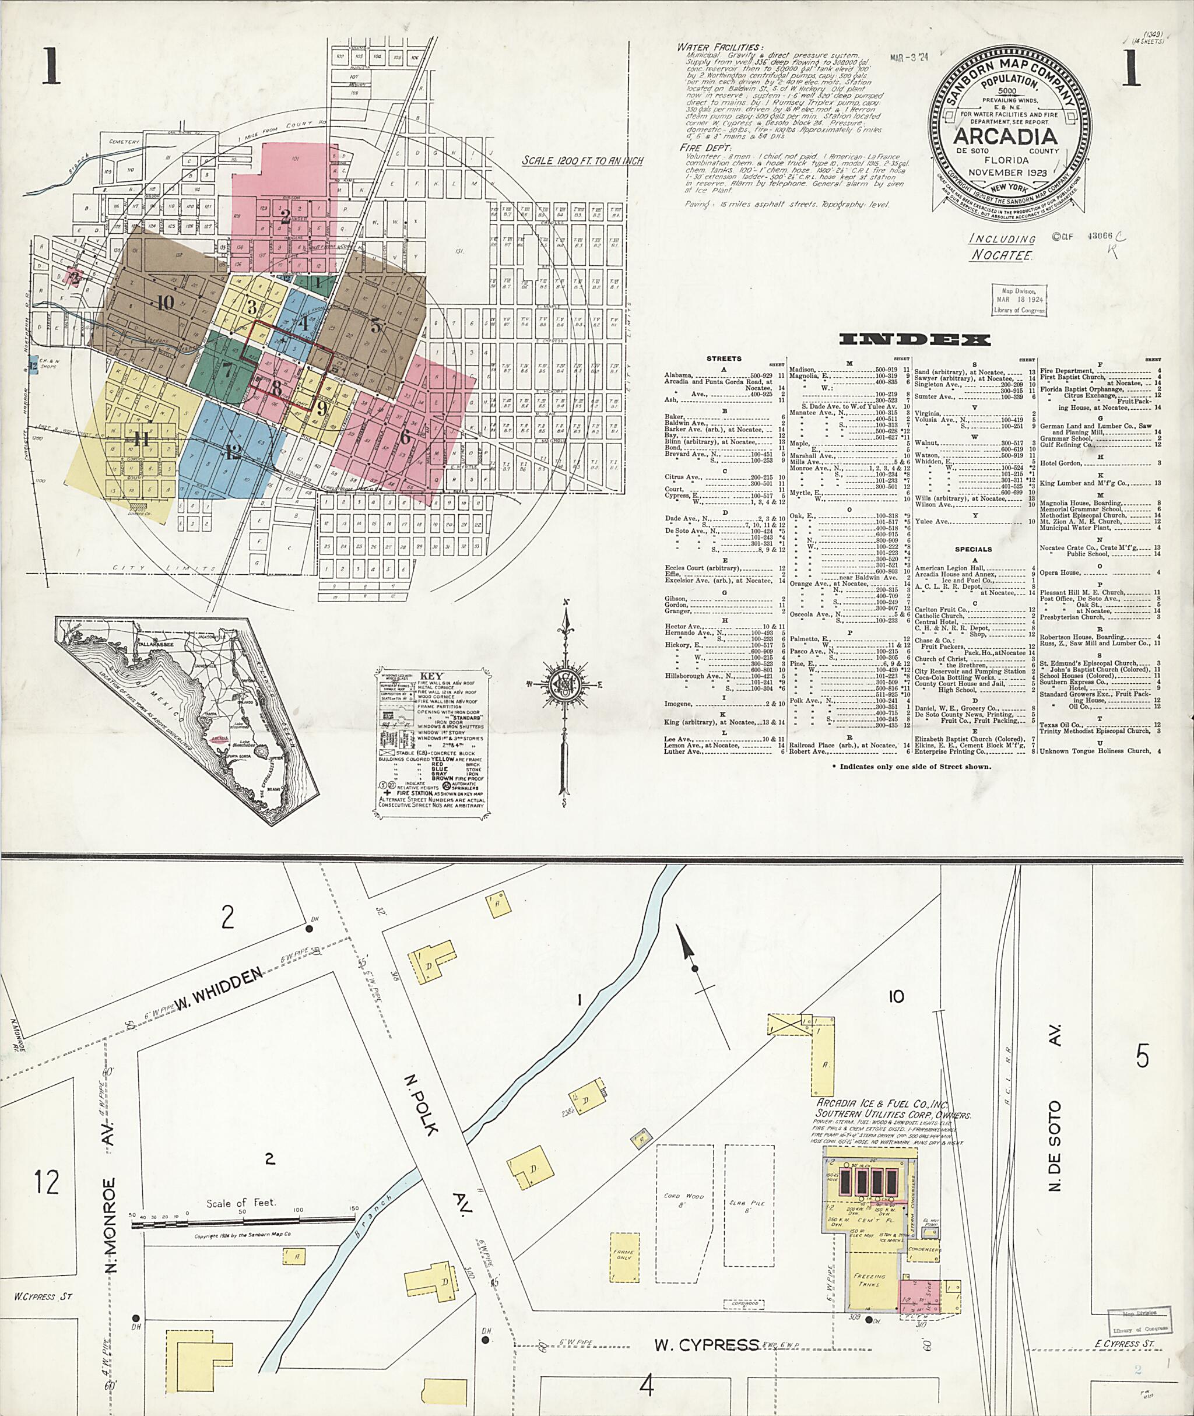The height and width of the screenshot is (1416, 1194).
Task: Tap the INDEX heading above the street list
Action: click(915, 340)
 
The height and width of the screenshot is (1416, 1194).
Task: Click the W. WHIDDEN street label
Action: click(219, 990)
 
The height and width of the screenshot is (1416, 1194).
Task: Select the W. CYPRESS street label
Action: click(706, 1344)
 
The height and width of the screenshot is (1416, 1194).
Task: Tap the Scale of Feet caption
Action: click(241, 1203)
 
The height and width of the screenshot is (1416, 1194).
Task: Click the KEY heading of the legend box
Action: click(431, 676)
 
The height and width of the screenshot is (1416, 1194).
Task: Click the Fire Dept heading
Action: click(706, 147)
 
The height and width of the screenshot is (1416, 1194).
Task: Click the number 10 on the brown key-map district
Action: click(164, 303)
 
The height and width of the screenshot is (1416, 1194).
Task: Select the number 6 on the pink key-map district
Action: click(405, 437)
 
